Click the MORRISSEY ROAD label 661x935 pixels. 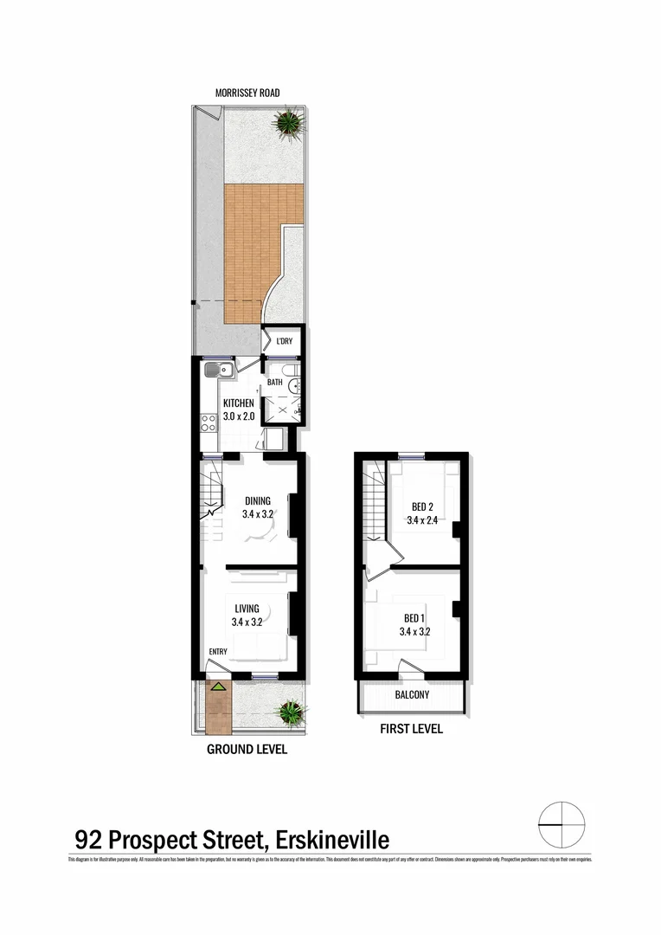[x=248, y=93]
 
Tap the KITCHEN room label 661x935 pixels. [x=239, y=403]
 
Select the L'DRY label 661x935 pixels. [x=284, y=341]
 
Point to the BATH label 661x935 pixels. [x=274, y=382]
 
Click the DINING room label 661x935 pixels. [x=258, y=500]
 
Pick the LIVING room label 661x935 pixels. [x=247, y=609]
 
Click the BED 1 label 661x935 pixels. [x=415, y=618]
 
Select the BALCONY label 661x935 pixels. [x=412, y=695]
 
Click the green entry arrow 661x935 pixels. [x=220, y=687]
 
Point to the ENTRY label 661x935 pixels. [x=218, y=652]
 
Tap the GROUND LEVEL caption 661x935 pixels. [x=247, y=750]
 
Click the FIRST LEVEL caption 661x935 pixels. [x=412, y=729]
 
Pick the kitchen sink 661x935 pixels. [x=216, y=371]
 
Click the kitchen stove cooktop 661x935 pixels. [x=209, y=423]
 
